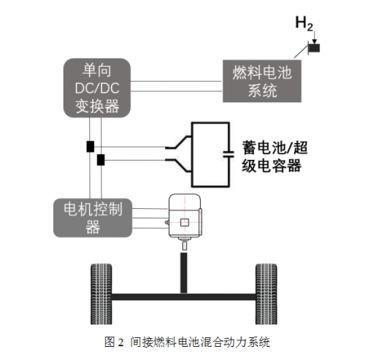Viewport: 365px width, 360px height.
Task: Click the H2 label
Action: point(304,22)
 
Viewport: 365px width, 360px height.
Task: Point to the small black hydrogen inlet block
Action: point(315,48)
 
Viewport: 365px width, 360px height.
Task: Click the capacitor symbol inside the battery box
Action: point(228,155)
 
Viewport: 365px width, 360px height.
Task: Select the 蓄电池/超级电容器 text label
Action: point(271,155)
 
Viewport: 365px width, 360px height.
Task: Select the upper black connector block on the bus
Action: point(90,146)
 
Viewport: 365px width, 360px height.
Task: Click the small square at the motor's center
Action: point(185,222)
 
